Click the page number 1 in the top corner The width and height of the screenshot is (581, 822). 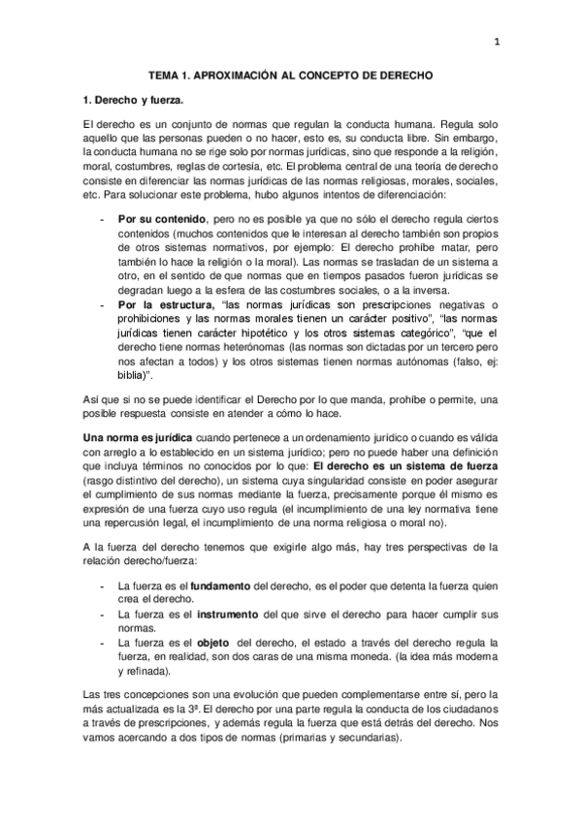(x=497, y=41)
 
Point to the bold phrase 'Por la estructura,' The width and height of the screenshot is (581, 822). (x=159, y=305)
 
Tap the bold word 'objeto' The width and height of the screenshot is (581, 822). (x=212, y=643)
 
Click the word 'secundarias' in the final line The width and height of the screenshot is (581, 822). (x=370, y=737)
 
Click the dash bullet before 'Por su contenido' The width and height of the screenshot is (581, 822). (x=103, y=221)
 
